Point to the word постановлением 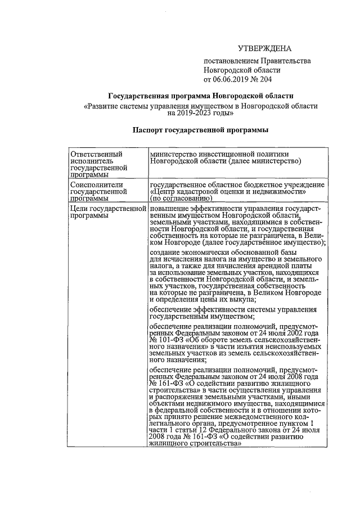pyautogui.click(x=231, y=61)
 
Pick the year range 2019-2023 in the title pyautogui.click(x=196, y=112)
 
